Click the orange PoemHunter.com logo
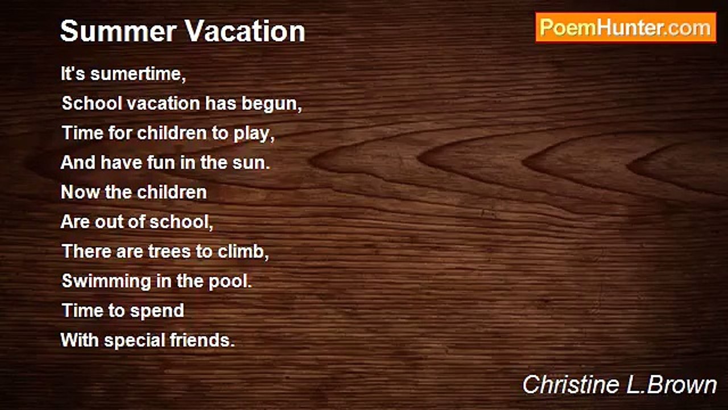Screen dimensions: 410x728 pos(626,27)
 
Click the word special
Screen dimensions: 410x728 pos(135,341)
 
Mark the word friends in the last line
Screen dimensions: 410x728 pos(202,341)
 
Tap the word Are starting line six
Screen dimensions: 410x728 pos(75,222)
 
